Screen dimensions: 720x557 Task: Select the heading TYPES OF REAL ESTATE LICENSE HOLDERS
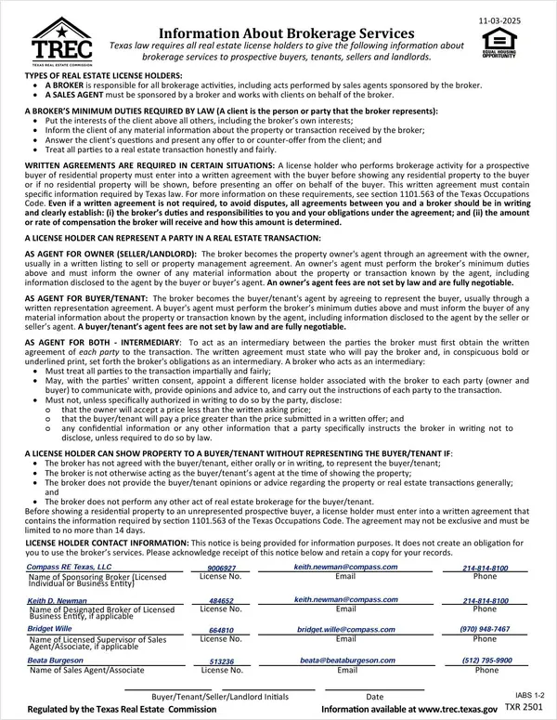point(103,74)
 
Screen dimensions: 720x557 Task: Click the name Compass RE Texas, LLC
point(69,567)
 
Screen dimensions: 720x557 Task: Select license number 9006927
point(221,568)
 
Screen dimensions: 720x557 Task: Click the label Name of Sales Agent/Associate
point(86,670)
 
